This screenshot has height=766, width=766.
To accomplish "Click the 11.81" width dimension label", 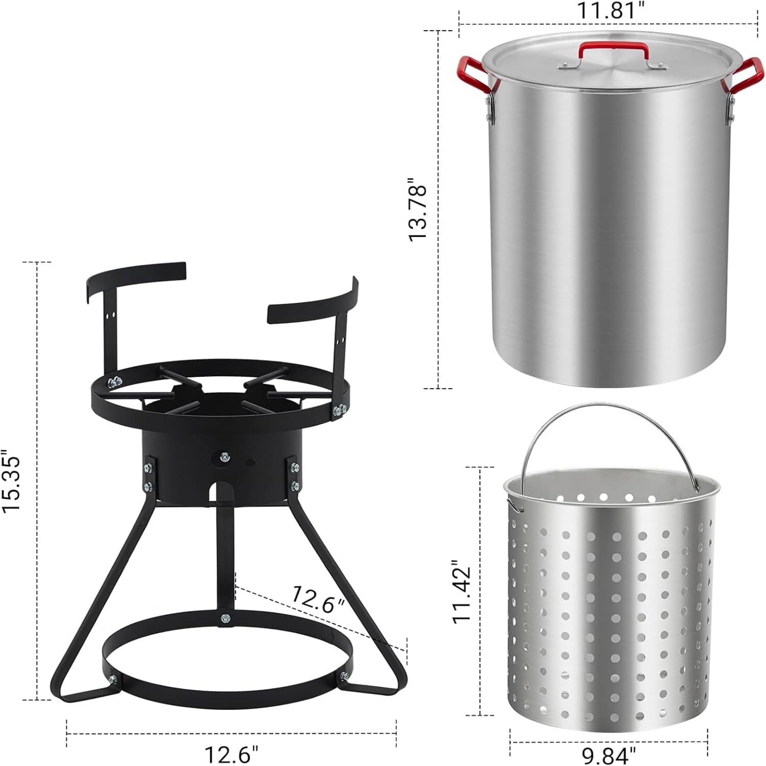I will [608, 10].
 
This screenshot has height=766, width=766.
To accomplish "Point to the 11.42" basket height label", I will [462, 592].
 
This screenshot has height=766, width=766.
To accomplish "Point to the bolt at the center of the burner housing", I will [224, 456].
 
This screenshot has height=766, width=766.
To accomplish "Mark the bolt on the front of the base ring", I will [225, 619].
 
